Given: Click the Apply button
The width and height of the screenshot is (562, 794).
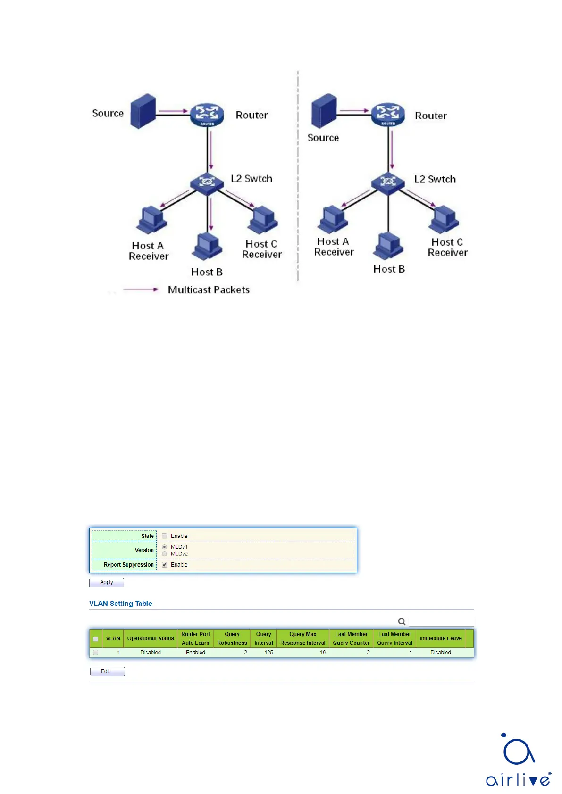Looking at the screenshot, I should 107,582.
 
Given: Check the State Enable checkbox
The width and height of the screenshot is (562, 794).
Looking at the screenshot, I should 165,536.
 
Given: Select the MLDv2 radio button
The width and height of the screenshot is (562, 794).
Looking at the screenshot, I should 165,554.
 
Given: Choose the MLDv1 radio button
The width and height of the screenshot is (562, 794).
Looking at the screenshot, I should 165,547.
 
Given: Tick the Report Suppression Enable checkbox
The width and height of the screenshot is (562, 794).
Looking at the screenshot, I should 165,565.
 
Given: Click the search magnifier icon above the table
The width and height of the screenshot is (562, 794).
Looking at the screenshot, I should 402,621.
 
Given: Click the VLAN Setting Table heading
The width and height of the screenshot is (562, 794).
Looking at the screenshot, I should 120,604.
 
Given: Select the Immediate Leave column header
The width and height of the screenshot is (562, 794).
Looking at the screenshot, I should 441,638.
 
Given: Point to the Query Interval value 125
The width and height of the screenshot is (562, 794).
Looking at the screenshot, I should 268,653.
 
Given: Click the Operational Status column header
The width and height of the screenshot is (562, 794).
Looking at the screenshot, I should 151,638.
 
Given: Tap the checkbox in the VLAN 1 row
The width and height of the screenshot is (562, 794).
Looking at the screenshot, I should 96,653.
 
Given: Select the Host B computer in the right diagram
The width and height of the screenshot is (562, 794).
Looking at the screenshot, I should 388,246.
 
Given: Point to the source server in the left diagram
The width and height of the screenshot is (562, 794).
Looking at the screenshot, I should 143,111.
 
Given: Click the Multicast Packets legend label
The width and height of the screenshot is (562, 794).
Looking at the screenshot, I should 209,289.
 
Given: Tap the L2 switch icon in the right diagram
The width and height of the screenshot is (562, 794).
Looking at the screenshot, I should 388,182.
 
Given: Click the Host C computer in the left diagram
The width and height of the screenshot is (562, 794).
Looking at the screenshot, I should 263,219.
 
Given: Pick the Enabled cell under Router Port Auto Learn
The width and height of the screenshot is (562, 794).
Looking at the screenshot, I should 195,653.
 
